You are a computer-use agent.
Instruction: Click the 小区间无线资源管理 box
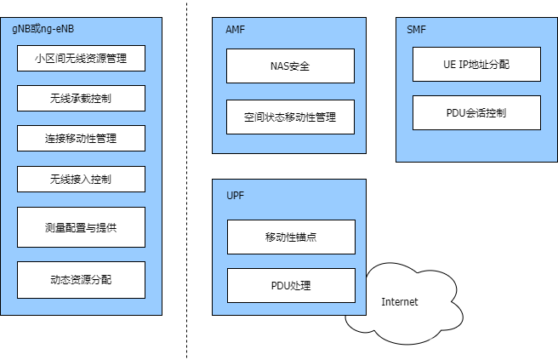81,59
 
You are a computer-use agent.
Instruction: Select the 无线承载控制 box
81,99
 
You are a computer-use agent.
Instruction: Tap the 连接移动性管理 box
81,139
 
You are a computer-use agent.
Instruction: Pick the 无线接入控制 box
81,180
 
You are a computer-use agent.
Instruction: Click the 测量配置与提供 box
81,227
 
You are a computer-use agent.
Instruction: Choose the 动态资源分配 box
81,279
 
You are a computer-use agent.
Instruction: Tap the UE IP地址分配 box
476,65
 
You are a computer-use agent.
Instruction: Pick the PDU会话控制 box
476,113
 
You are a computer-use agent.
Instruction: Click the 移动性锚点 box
291,237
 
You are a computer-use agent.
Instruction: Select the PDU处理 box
291,285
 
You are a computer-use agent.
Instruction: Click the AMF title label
236,29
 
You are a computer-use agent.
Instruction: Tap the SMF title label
417,29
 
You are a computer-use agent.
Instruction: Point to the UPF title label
235,195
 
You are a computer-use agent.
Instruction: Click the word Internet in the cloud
400,302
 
